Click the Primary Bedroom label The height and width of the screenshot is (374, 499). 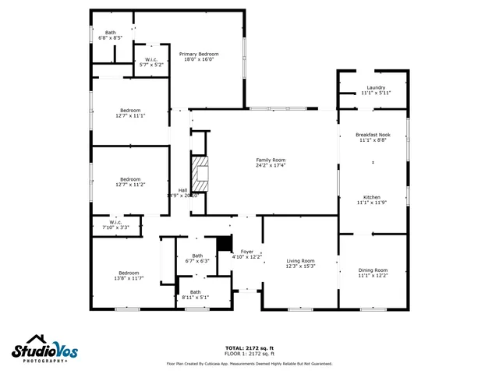pos(200,54)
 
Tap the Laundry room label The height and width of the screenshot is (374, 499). pos(376,87)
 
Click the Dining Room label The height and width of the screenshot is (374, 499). pos(373,270)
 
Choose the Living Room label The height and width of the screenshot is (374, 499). pos(299,260)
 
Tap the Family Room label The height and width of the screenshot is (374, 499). pos(271,161)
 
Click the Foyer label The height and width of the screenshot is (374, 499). pos(246,251)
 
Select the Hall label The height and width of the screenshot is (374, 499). pos(182,190)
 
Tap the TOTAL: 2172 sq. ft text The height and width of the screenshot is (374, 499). pos(249,348)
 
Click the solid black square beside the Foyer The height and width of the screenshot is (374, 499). pos(225,243)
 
